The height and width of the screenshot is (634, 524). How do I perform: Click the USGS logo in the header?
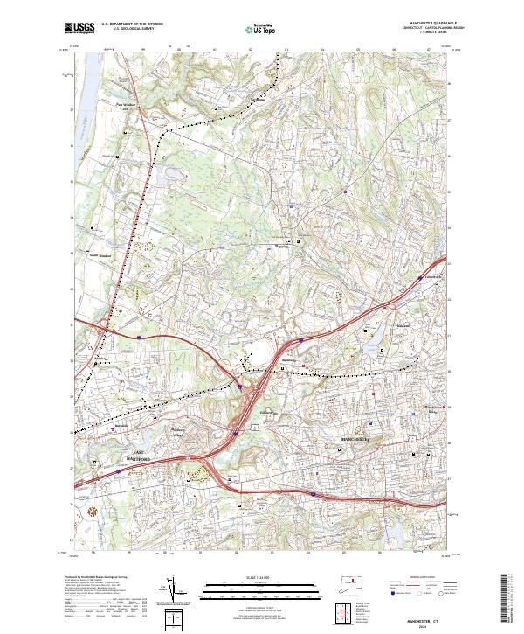pyautogui.click(x=79, y=29)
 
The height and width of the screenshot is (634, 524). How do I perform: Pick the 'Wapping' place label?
pyautogui.click(x=282, y=246)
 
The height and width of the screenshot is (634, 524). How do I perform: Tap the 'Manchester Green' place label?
pyautogui.click(x=436, y=407)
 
